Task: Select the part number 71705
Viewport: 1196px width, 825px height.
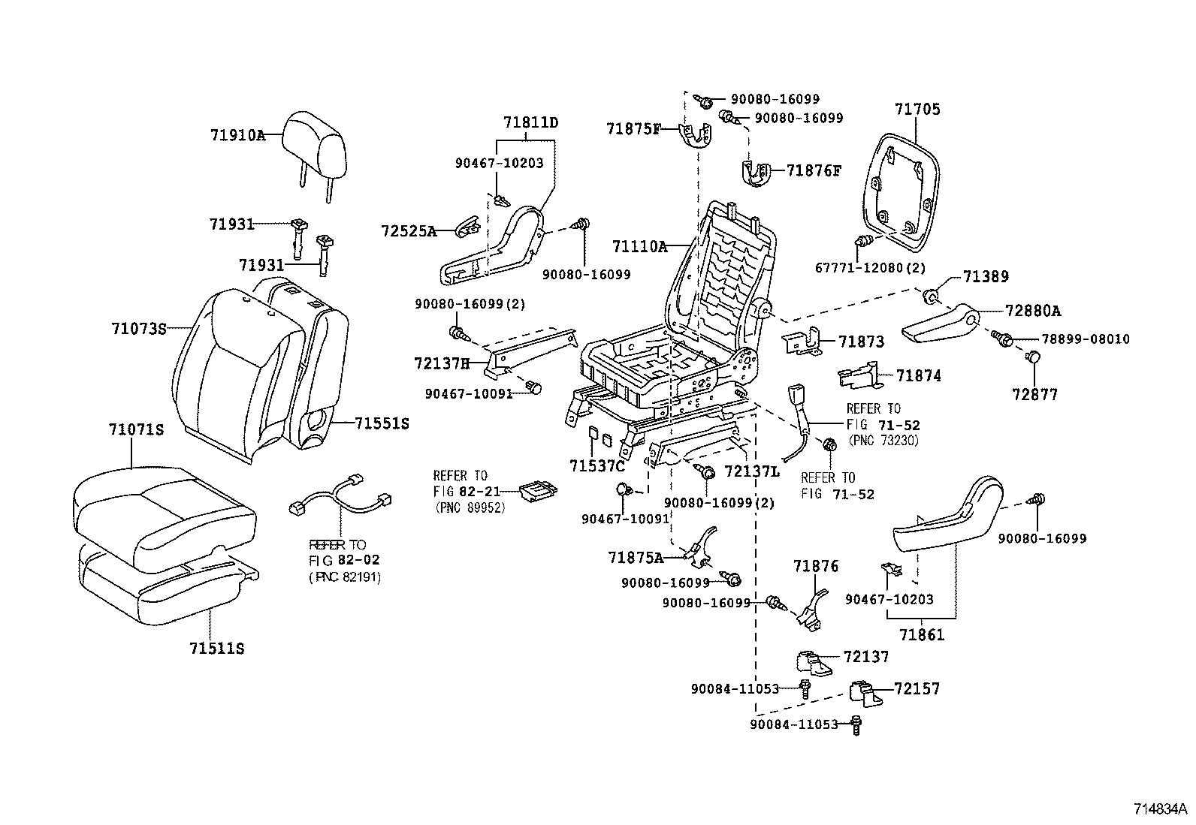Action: [917, 110]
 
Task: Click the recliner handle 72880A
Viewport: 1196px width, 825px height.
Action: [939, 324]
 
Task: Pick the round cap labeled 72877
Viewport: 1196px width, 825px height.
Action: [1034, 358]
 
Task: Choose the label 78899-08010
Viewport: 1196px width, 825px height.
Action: [1074, 339]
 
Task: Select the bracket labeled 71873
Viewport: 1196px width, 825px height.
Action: [801, 342]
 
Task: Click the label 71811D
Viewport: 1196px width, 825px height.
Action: [531, 122]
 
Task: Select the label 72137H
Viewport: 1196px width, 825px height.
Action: [441, 363]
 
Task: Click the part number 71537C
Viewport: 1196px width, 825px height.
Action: [596, 466]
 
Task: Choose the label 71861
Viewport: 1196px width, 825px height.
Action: [922, 635]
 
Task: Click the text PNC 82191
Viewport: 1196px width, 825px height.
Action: [345, 577]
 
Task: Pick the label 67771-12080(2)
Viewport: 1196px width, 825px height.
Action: [870, 268]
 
